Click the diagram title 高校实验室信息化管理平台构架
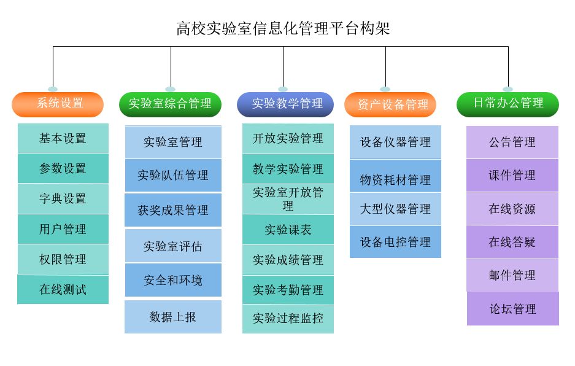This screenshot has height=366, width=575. [283, 29]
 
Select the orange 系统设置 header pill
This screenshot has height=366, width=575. [58, 104]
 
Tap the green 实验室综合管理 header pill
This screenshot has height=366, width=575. [170, 104]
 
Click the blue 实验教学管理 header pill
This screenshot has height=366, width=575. [285, 104]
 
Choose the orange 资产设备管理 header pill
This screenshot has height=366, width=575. [390, 104]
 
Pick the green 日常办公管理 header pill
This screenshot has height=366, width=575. [507, 104]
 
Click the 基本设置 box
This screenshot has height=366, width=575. [63, 138]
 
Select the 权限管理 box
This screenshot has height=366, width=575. [63, 259]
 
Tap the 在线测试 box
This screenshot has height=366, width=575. [63, 289]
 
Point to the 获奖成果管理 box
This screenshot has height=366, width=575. [173, 210]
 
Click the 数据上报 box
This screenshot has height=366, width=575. [173, 317]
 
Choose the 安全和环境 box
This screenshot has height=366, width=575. [173, 281]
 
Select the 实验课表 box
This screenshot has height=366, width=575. [288, 230]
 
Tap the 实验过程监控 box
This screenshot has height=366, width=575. [288, 319]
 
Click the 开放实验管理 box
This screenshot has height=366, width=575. [288, 139]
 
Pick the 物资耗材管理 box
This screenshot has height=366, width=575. [395, 180]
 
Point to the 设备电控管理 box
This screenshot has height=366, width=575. [395, 242]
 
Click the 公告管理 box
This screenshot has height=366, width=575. [512, 142]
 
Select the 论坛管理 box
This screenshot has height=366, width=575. [513, 309]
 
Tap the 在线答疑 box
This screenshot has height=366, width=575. [512, 242]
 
